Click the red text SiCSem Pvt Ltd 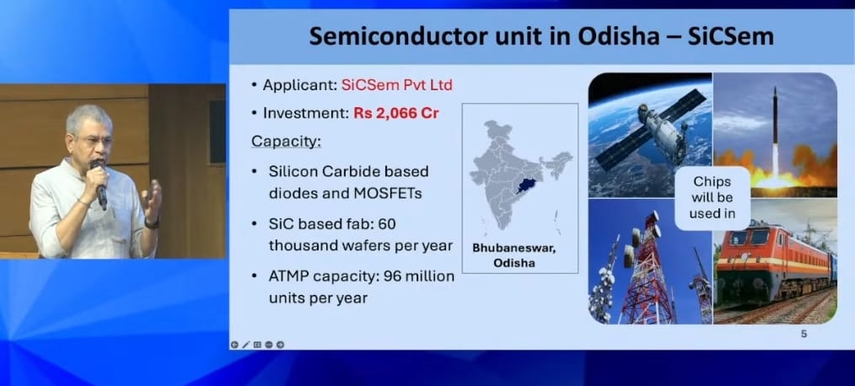(x=396, y=86)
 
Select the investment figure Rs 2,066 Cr (x=395, y=114)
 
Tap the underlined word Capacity (x=286, y=142)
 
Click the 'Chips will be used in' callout (x=712, y=197)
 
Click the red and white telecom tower (x=646, y=270)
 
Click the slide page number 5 (x=804, y=334)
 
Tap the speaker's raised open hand (x=152, y=200)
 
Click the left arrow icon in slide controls (x=234, y=345)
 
